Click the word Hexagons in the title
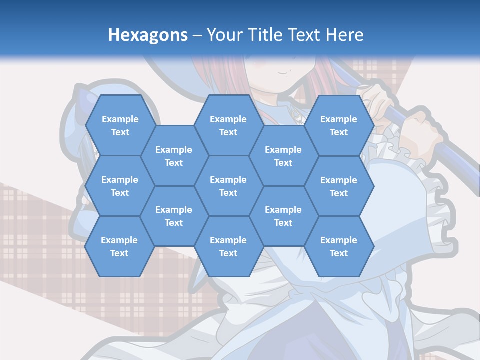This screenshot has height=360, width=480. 148,35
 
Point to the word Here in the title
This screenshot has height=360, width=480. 344,35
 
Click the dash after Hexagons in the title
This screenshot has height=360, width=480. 197,35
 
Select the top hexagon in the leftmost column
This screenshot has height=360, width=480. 120,125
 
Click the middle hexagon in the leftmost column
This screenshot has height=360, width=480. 120,186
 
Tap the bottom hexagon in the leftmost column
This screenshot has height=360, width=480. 119,246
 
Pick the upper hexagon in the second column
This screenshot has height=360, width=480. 174,156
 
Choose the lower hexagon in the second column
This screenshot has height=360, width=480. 174,216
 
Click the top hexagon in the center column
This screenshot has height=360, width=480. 228,125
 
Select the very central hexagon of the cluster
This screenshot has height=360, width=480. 228,186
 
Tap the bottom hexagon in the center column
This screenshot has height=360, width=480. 228,246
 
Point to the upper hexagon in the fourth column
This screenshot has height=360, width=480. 283,156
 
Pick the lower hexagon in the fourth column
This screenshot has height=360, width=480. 283,216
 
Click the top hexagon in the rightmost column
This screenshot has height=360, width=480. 339,125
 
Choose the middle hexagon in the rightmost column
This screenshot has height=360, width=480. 339,186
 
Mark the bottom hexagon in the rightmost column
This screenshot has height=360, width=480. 339,246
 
